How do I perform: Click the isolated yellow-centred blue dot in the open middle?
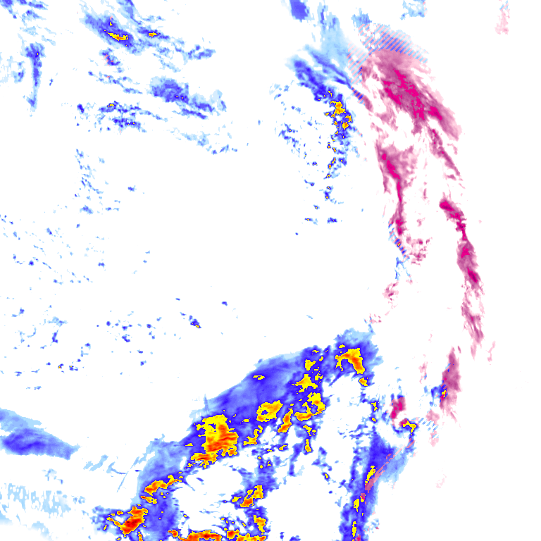196,323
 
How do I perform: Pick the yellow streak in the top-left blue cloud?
116,35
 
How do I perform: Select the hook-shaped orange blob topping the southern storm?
350,359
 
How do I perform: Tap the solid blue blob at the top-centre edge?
299,8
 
